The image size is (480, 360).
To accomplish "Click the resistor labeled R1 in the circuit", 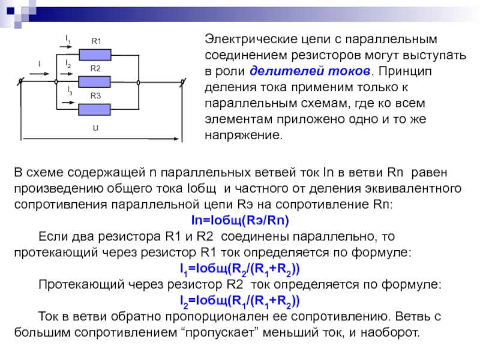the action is click(x=95, y=55).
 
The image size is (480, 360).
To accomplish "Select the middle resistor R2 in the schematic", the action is click(x=94, y=82).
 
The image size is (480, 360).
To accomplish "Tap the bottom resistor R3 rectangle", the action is click(x=94, y=109).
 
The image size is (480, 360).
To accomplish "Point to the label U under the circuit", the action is click(x=95, y=128).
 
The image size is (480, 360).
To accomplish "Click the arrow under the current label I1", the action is click(x=66, y=47).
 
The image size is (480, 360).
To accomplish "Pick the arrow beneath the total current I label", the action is click(x=40, y=74).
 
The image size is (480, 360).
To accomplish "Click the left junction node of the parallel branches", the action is click(x=56, y=82).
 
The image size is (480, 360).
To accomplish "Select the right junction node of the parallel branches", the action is click(x=139, y=82).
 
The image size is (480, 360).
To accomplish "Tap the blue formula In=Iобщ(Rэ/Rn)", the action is click(x=240, y=220).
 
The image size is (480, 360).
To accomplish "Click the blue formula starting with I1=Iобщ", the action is click(x=239, y=269).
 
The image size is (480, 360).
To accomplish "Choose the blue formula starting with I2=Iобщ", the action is click(x=239, y=301).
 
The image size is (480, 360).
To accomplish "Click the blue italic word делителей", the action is click(x=286, y=71).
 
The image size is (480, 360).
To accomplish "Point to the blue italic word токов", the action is click(x=349, y=71).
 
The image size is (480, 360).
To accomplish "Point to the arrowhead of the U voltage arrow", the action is click(x=178, y=139).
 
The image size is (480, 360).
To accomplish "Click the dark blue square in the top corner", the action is click(x=10, y=11).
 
